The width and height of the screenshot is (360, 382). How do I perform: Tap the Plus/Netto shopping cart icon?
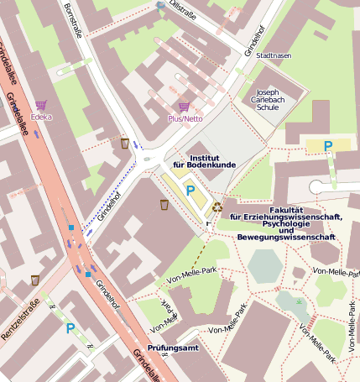184,107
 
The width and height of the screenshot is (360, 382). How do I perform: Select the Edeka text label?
40,117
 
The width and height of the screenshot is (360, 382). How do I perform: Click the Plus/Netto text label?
186,118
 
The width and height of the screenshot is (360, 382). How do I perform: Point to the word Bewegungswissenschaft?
287,237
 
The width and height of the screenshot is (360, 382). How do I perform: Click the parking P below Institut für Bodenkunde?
190,191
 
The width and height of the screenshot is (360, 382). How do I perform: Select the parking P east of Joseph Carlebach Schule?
329,146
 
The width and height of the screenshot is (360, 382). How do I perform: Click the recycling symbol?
217,206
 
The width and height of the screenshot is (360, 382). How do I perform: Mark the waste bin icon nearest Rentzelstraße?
34,280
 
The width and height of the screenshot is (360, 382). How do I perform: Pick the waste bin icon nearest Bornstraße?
125,143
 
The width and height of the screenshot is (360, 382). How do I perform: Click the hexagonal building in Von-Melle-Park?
266,266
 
